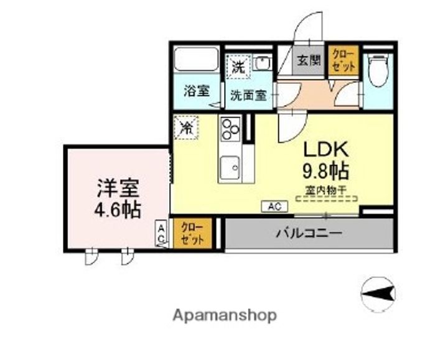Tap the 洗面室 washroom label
[248, 95]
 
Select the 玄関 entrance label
[308, 61]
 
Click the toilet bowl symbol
[378, 71]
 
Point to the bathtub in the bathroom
[195, 60]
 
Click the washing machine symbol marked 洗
[238, 65]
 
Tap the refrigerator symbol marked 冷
[186, 127]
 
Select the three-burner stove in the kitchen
[230, 130]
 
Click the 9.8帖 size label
[325, 170]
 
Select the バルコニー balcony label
[309, 233]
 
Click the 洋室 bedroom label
[117, 187]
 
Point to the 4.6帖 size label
[117, 209]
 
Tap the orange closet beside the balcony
[192, 233]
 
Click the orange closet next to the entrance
[343, 60]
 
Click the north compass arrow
[380, 291]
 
